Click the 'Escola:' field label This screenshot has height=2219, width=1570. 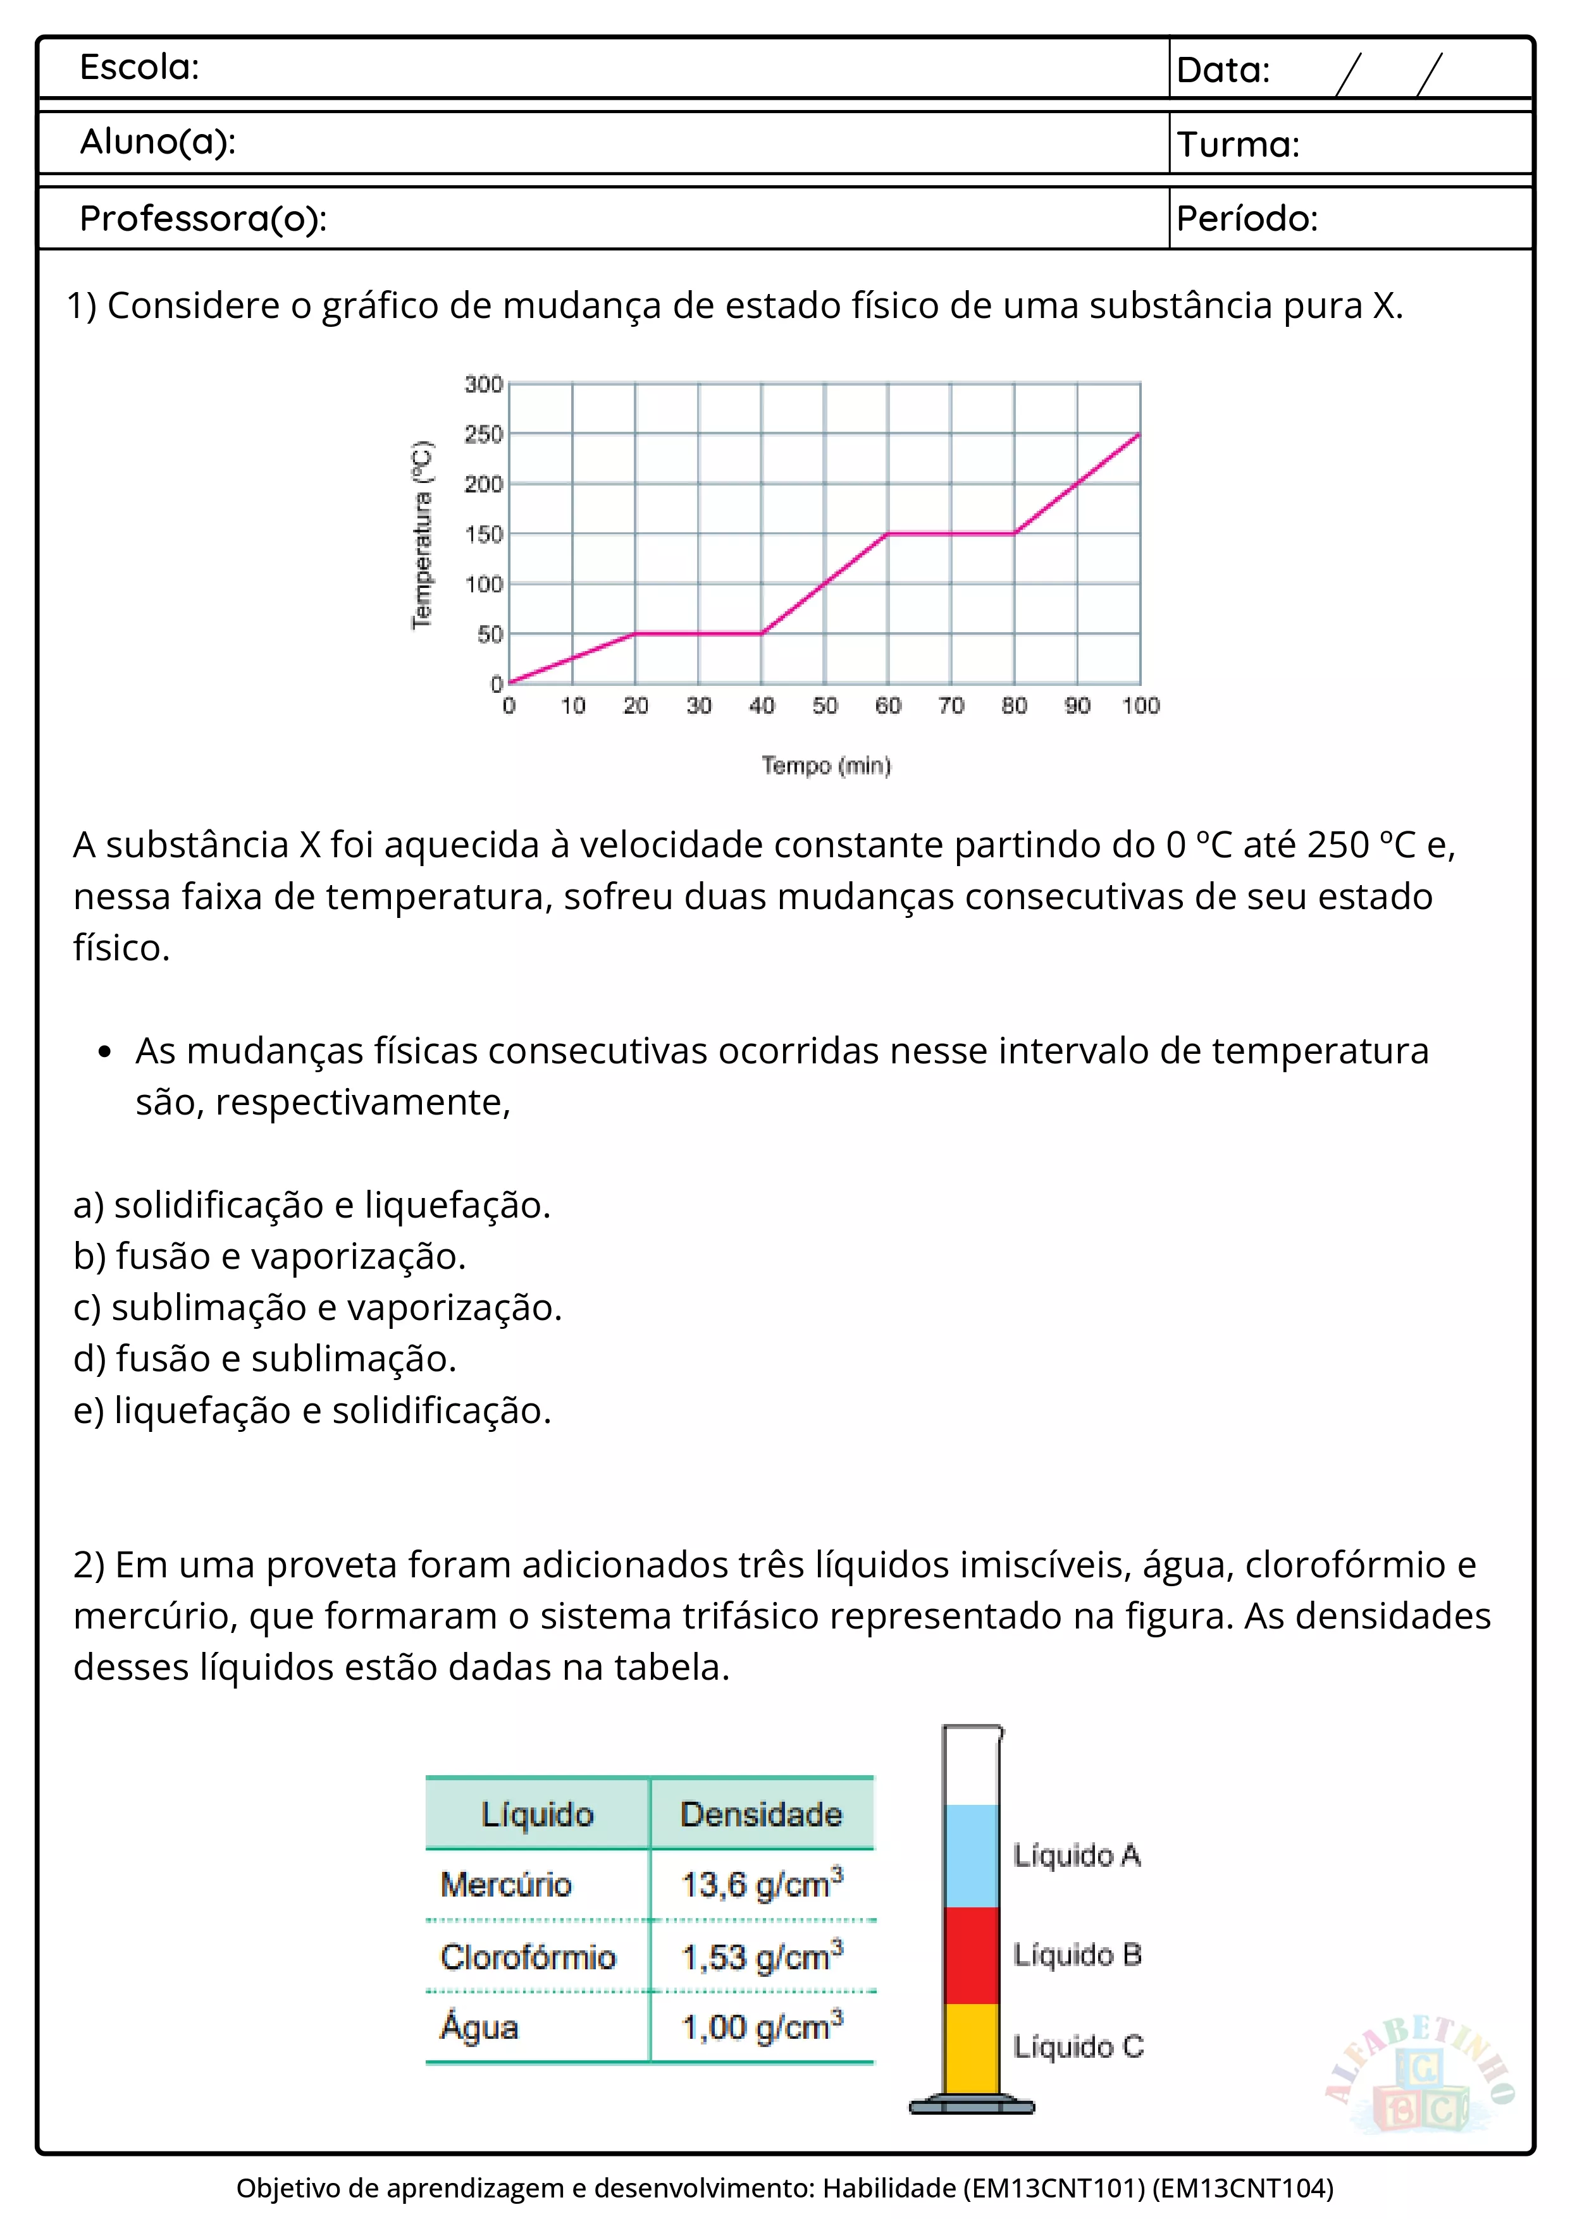(139, 68)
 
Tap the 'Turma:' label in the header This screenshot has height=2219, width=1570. (1237, 145)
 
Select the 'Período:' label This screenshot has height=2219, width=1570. (1246, 219)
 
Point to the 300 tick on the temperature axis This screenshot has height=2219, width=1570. (483, 384)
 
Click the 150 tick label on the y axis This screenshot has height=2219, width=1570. (483, 534)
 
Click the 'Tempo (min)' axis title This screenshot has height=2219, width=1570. (825, 766)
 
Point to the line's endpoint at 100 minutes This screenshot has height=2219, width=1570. (1140, 435)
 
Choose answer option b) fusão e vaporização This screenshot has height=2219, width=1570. (269, 1256)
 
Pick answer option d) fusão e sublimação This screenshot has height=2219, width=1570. (265, 1359)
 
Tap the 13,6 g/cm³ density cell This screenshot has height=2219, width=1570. (762, 1885)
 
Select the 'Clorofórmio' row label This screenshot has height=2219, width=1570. (528, 1957)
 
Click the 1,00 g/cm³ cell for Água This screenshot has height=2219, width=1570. (762, 2027)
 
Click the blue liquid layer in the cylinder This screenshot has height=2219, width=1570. (972, 1855)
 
